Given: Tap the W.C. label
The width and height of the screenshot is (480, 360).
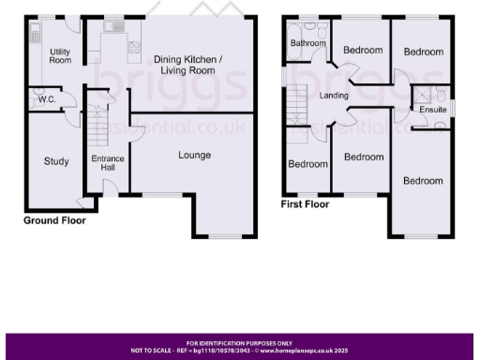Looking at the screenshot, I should coord(43,100).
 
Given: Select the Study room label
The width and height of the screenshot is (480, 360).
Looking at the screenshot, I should coord(56,161).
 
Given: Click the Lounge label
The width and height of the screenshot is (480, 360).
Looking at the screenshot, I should coord(194,155).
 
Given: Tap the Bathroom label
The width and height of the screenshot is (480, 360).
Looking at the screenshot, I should coord(307,43).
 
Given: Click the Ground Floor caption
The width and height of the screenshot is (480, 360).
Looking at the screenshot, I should coord(54,222).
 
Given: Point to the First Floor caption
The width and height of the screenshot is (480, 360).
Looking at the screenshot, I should coord(305,202).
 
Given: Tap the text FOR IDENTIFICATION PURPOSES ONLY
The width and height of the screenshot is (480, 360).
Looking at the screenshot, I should coord(239,344).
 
